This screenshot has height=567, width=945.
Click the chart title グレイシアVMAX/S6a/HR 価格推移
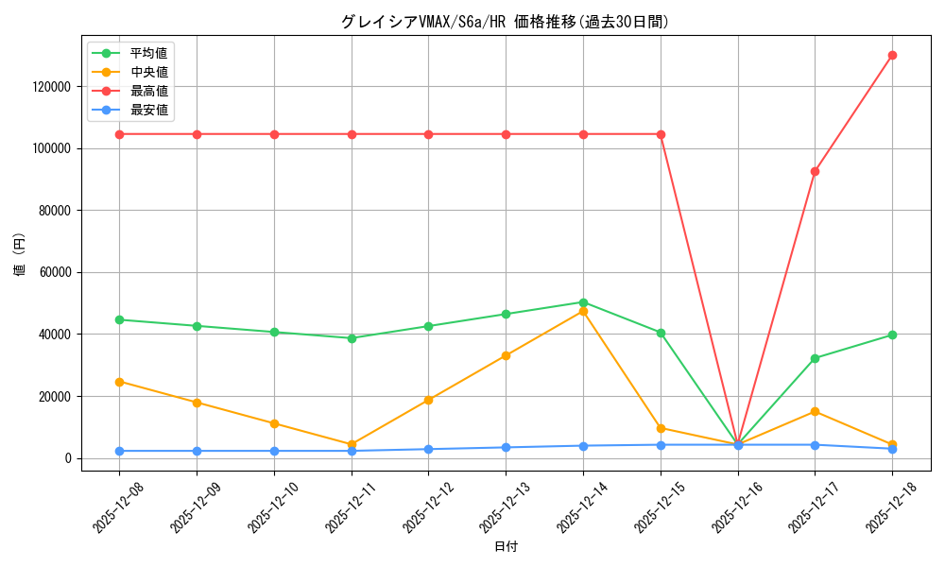tap(505, 22)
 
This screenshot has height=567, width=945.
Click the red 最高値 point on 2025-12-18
tap(892, 55)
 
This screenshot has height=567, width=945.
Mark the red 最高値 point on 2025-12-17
tap(815, 171)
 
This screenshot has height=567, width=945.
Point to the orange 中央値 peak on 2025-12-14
tap(583, 311)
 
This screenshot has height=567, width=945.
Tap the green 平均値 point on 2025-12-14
tap(583, 302)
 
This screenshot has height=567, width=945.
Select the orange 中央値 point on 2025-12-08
tap(120, 382)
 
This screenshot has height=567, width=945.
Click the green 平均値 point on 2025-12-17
tap(815, 358)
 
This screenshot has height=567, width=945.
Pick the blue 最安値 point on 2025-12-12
tap(428, 449)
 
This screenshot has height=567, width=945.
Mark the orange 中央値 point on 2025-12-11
tap(352, 444)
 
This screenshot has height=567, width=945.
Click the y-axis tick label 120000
tap(51, 87)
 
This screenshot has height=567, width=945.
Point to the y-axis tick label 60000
tap(54, 272)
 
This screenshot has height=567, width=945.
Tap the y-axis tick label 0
tap(67, 458)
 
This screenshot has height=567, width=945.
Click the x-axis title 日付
tap(506, 546)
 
